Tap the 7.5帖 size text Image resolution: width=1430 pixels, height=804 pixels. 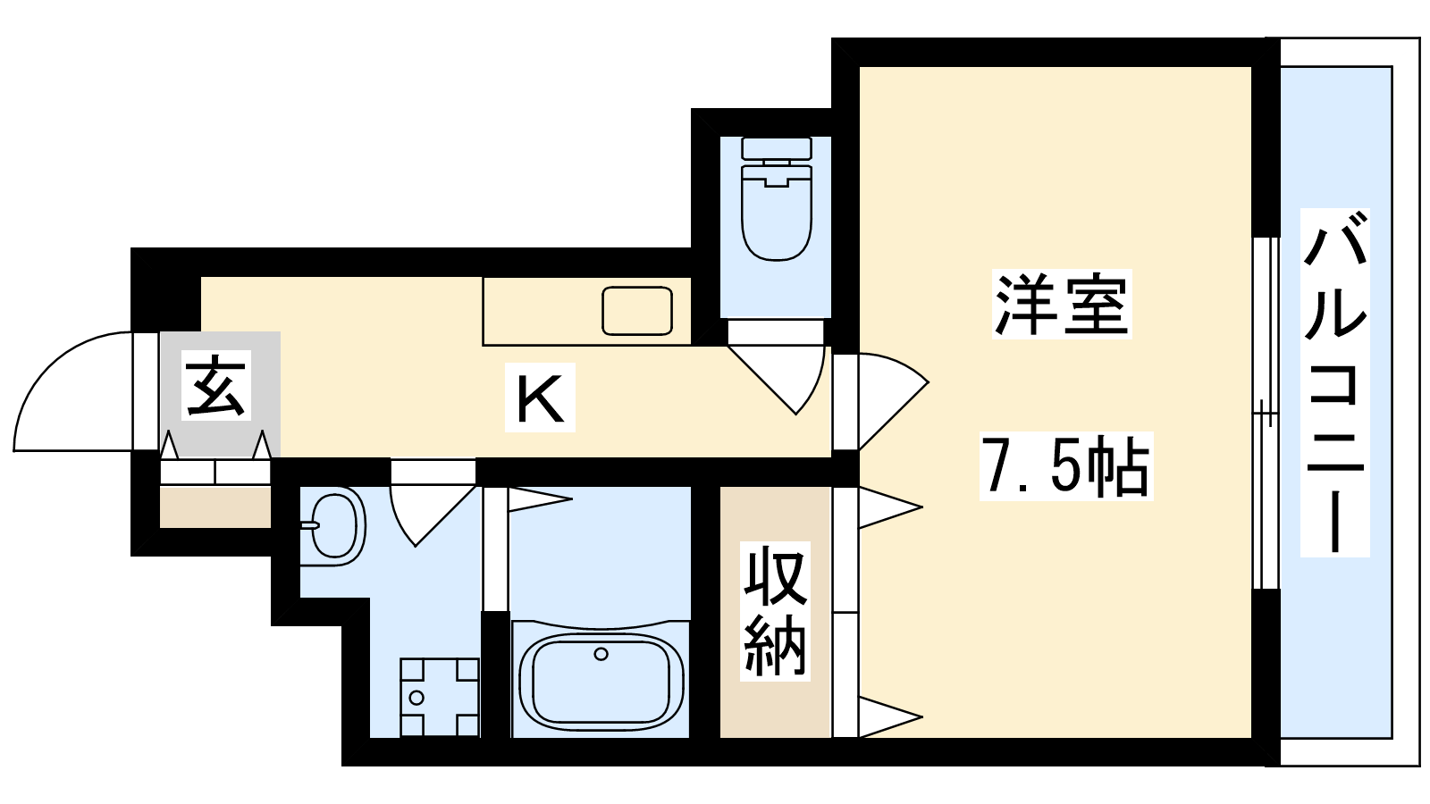pyautogui.click(x=1066, y=465)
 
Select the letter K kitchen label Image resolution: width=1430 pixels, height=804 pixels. pyautogui.click(x=540, y=398)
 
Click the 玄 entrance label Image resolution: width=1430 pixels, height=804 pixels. pyautogui.click(x=215, y=385)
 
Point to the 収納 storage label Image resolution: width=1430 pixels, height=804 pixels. pyautogui.click(x=774, y=611)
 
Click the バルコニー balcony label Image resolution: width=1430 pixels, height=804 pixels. pyautogui.click(x=1335, y=383)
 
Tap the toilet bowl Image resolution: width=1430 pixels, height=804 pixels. pyautogui.click(x=777, y=213)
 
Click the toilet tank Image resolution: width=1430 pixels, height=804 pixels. pyautogui.click(x=777, y=148)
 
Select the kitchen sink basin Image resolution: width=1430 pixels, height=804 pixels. pyautogui.click(x=637, y=311)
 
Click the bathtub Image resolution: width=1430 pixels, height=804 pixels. pyautogui.click(x=601, y=678)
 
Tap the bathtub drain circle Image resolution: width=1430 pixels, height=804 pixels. pyautogui.click(x=601, y=654)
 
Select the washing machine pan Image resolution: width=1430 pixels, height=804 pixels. pyautogui.click(x=439, y=697)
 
